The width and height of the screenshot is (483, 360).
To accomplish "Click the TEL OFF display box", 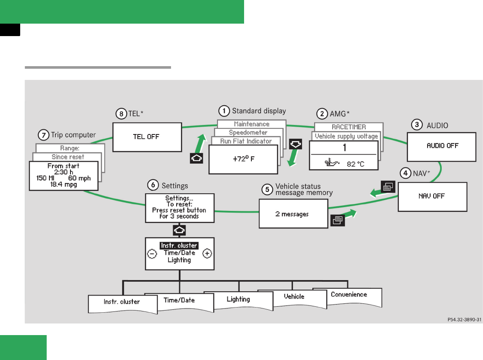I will pyautogui.click(x=147, y=137).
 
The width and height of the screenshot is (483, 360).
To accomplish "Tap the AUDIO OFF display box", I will pyautogui.click(x=442, y=146).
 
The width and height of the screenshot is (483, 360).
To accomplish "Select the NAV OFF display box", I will pyautogui.click(x=432, y=196).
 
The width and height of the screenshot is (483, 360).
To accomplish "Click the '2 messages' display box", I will pyautogui.click(x=293, y=214).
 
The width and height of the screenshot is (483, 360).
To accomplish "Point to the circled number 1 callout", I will pyautogui.click(x=224, y=111).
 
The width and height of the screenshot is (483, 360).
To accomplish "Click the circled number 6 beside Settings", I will pyautogui.click(x=153, y=185).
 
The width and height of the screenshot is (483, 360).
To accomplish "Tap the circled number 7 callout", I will pyautogui.click(x=43, y=135).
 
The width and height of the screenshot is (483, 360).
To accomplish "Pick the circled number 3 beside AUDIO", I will pyautogui.click(x=416, y=125).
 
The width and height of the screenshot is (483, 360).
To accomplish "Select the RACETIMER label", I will pyautogui.click(x=348, y=127).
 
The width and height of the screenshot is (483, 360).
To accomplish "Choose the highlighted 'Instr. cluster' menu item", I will pyautogui.click(x=179, y=246).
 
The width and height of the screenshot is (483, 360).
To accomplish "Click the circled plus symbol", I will pyautogui.click(x=208, y=253).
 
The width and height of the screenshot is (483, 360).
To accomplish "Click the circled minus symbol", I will pyautogui.click(x=152, y=253).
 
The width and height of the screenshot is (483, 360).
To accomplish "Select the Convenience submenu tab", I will pyautogui.click(x=348, y=295).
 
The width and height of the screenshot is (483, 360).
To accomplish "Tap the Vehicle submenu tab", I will pyautogui.click(x=294, y=296).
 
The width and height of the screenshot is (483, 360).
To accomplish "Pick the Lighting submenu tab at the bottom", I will pyautogui.click(x=238, y=299).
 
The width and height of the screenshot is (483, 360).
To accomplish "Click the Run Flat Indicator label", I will pyautogui.click(x=246, y=141).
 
